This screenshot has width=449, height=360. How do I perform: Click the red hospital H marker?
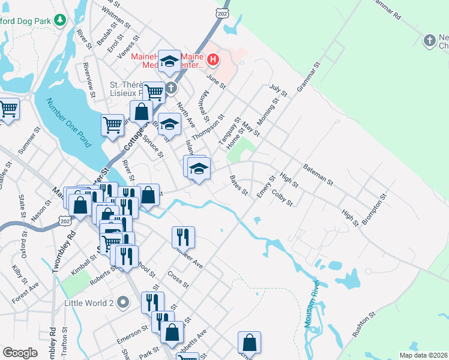(213, 59)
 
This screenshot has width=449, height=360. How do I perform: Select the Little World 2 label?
(89, 302)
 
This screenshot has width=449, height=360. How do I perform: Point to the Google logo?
(20, 353)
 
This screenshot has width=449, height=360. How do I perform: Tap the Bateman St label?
(318, 173)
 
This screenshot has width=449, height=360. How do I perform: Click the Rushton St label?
(364, 322)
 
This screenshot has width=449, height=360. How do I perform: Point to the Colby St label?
(282, 198)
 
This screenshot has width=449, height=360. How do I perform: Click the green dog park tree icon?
(59, 20)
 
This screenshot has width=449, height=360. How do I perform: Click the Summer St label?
(28, 143)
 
